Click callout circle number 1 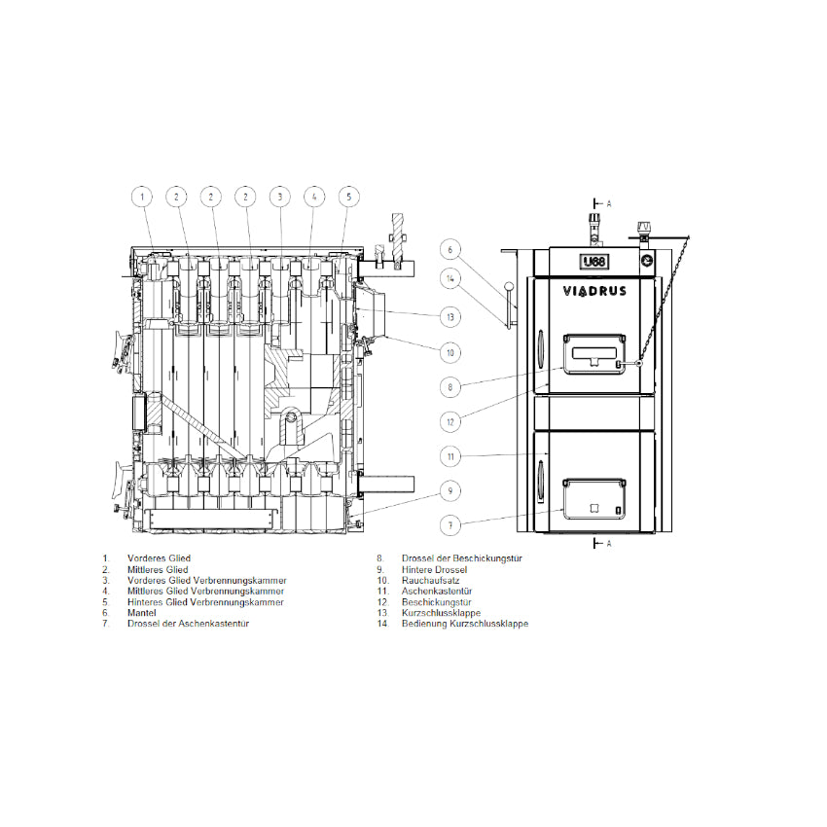[142, 198]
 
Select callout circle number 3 [279, 198]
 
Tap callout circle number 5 [348, 198]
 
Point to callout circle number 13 [449, 317]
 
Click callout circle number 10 [449, 352]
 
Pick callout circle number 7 [449, 525]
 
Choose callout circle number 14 [449, 278]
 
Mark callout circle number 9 [449, 491]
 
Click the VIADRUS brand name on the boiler [594, 291]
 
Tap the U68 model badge [594, 262]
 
